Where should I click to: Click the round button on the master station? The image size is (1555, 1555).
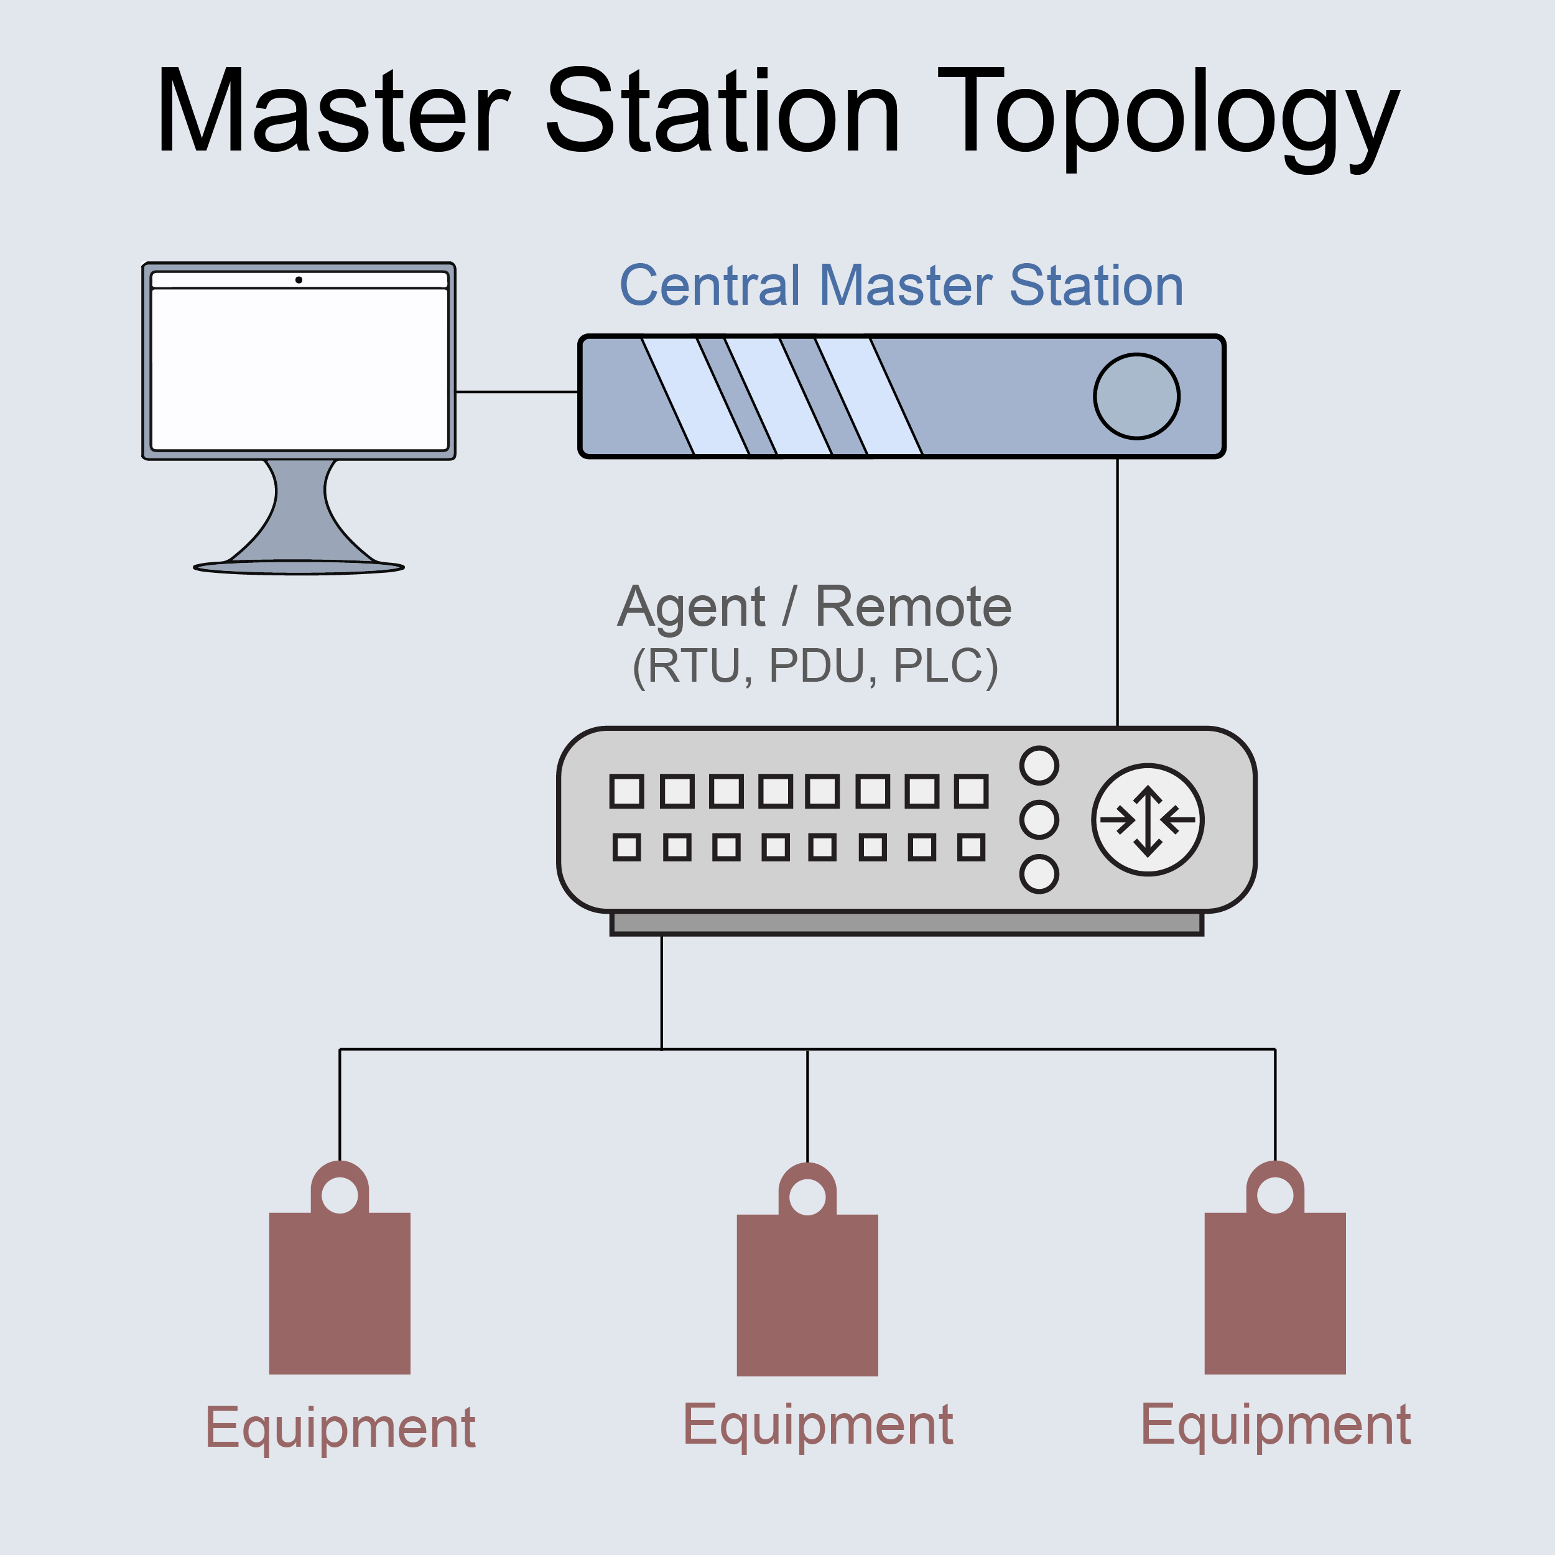coord(1136,397)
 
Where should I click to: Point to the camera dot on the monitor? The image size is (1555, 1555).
coord(299,280)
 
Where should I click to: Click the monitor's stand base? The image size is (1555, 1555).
coord(299,567)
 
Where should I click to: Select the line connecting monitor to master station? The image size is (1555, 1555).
coord(517,392)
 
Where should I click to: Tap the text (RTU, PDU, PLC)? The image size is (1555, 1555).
coord(815,666)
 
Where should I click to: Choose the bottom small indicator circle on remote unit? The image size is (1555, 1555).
coord(1039,874)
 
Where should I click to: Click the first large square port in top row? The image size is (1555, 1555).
coord(627,791)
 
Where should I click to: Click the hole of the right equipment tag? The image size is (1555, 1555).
coord(1275,1195)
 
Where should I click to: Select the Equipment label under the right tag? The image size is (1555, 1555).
coord(1275,1424)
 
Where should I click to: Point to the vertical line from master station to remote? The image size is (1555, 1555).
coord(1117,592)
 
